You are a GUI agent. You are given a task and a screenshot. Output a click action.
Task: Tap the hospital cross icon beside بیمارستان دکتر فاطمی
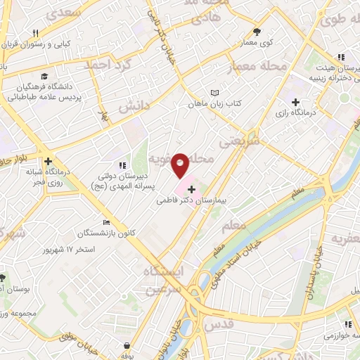click(191, 189)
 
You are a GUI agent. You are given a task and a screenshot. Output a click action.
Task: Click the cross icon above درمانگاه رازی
click(304, 101)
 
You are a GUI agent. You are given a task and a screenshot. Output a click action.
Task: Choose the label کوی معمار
click(257, 43)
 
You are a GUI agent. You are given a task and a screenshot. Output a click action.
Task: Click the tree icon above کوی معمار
click(257, 32)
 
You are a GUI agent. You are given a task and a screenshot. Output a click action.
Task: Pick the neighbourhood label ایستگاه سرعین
click(163, 279)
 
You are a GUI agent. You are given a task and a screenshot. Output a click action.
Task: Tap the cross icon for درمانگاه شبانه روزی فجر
click(47, 160)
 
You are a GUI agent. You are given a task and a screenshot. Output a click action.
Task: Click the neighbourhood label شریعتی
click(240, 141)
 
